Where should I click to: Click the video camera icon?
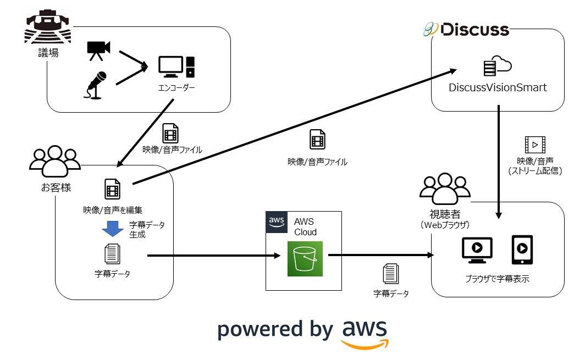(x=98, y=49)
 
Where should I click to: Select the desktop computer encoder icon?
(x=176, y=67)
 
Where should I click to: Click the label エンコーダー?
(x=176, y=87)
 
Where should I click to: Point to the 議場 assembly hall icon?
(x=48, y=27)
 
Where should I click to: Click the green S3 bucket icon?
(x=305, y=258)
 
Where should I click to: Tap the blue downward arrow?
(x=113, y=228)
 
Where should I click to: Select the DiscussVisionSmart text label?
(x=498, y=87)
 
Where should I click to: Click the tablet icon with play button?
(x=522, y=250)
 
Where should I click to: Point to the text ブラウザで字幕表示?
(x=497, y=279)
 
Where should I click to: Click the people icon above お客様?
(x=54, y=160)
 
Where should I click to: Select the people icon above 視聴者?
(x=445, y=186)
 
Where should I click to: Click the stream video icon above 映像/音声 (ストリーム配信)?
(x=534, y=145)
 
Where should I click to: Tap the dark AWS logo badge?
(x=277, y=222)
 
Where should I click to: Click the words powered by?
(x=275, y=329)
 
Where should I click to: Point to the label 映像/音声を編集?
(x=112, y=209)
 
